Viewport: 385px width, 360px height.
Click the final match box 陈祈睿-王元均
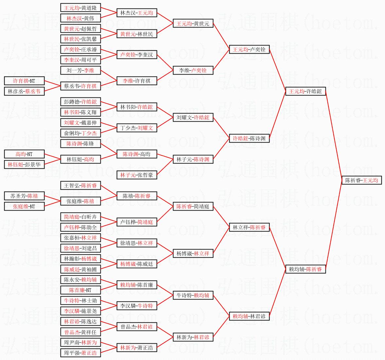click(x=361, y=180)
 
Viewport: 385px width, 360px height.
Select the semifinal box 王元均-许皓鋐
click(x=306, y=91)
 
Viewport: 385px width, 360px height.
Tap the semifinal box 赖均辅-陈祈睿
click(x=306, y=269)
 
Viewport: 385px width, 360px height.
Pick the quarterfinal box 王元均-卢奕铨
click(x=249, y=49)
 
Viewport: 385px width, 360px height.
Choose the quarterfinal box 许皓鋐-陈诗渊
click(x=249, y=138)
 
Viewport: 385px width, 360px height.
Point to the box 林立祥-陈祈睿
click(x=249, y=227)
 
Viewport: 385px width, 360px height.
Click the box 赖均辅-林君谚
click(x=249, y=316)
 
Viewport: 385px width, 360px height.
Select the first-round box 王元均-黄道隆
click(x=80, y=8)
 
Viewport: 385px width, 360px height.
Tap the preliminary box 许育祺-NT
click(x=24, y=81)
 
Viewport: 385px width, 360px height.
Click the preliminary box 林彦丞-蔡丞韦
click(x=24, y=91)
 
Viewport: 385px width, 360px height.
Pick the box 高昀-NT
click(x=24, y=154)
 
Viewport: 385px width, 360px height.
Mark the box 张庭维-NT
click(x=24, y=206)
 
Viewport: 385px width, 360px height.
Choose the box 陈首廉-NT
click(x=80, y=290)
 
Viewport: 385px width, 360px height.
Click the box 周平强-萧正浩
click(x=80, y=353)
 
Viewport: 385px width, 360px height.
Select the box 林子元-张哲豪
click(x=137, y=175)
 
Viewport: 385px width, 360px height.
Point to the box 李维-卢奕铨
click(x=193, y=70)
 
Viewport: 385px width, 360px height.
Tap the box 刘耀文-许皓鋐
click(x=193, y=117)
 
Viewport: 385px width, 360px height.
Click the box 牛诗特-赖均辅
click(x=193, y=295)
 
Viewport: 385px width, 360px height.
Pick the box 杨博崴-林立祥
click(x=193, y=253)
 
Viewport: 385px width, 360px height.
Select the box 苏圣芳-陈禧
click(x=24, y=196)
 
